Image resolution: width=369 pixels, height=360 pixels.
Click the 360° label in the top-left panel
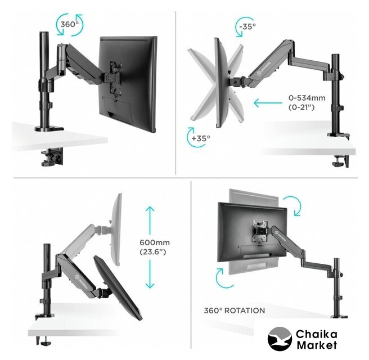click(69, 24)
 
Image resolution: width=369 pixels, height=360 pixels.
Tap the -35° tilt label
click(247, 26)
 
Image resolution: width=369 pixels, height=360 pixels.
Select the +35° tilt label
click(200, 138)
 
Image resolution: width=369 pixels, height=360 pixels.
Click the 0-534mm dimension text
click(307, 98)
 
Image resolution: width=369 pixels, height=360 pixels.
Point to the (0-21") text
click(301, 107)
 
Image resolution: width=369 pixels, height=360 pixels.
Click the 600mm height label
click(155, 242)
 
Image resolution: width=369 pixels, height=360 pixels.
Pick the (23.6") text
click(153, 252)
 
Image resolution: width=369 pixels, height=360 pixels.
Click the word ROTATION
click(245, 310)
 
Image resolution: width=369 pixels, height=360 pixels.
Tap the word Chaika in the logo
click(317, 334)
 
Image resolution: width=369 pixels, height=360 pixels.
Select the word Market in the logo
click(317, 345)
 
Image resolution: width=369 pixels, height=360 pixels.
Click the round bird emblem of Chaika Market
click(280, 339)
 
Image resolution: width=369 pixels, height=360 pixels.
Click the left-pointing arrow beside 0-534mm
click(268, 103)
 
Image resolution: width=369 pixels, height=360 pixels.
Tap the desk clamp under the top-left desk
click(52, 157)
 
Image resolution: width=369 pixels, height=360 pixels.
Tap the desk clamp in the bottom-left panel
click(44, 341)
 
